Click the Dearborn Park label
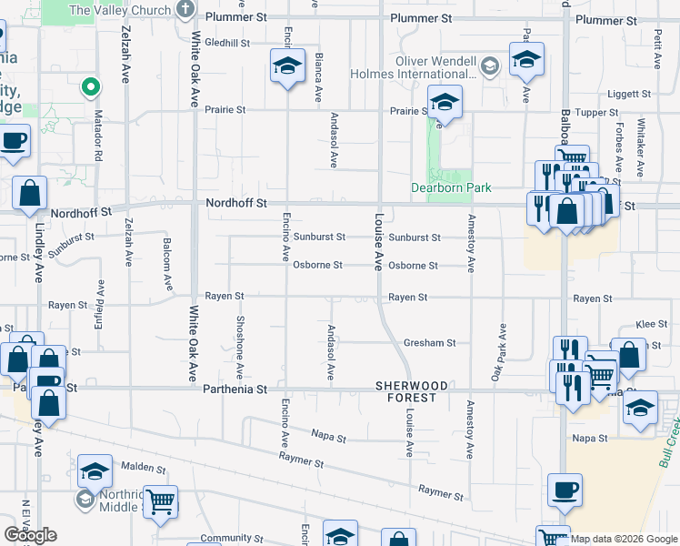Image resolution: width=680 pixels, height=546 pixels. coord(450,187)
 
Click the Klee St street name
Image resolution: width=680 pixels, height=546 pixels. coord(652,324)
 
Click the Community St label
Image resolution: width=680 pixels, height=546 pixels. coord(225,538)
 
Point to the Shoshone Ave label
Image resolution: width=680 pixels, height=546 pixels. coord(239,347)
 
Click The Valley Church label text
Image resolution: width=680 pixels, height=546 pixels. coord(120,11)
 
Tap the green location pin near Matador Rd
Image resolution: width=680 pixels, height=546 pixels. coord(90,87)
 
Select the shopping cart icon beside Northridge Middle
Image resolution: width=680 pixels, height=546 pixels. coord(160,501)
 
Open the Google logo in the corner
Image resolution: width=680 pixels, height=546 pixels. coord(30,535)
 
